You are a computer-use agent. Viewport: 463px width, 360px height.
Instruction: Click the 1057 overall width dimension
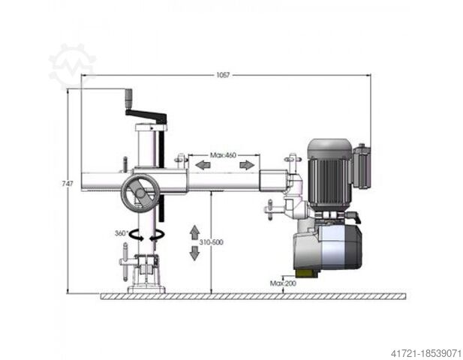[223, 75]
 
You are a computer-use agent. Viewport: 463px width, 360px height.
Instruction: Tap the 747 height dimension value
[68, 183]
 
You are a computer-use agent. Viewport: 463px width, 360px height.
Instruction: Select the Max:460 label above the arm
[223, 155]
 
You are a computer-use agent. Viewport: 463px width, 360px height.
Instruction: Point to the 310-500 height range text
[211, 242]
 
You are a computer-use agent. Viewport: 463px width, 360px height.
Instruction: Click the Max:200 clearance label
[283, 283]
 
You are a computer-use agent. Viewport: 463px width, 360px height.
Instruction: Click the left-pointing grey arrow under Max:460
[203, 165]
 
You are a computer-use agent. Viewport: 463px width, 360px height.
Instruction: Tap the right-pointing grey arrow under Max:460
[247, 165]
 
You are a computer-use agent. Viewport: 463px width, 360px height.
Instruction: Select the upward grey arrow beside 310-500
[194, 232]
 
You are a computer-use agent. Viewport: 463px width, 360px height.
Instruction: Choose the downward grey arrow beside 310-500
[194, 253]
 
